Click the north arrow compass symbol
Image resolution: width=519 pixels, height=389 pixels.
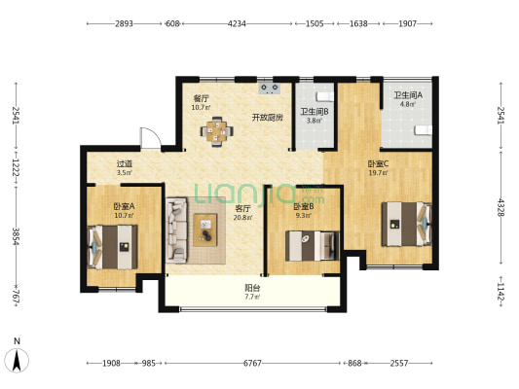[x=17, y=360]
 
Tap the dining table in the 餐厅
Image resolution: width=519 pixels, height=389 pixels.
[x=217, y=131]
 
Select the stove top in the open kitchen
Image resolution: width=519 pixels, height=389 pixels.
[x=270, y=88]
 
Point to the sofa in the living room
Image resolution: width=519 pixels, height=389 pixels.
[x=176, y=230]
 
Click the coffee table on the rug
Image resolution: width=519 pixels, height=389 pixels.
[x=205, y=230]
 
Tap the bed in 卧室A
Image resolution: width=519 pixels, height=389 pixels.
[x=112, y=247]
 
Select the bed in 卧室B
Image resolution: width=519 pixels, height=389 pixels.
[x=313, y=246]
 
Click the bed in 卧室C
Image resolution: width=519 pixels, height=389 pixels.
[x=407, y=224]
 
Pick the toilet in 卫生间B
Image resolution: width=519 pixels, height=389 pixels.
[x=324, y=96]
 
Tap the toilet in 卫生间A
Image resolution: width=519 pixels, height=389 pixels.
[x=424, y=130]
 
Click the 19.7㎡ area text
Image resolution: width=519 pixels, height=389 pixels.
[x=379, y=172]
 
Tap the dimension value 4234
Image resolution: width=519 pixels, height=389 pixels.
[x=237, y=23]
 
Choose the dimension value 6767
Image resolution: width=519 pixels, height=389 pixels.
[x=252, y=363]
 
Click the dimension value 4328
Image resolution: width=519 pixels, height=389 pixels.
[x=500, y=207]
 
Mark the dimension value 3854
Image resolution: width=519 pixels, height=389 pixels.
[x=16, y=236]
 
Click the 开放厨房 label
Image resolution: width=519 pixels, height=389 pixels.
[x=268, y=118]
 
